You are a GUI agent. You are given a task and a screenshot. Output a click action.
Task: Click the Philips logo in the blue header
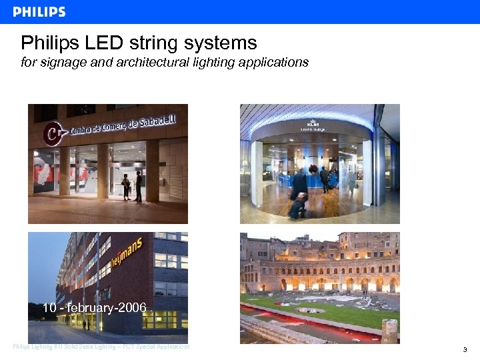tap(39, 12)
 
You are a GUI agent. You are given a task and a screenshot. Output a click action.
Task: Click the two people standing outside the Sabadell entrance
tap(132, 186)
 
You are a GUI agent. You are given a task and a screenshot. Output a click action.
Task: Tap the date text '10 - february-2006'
tap(94, 308)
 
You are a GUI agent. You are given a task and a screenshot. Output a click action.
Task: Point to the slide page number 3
tap(465, 349)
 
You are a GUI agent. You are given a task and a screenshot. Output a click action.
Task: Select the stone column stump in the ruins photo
tap(389, 331)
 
